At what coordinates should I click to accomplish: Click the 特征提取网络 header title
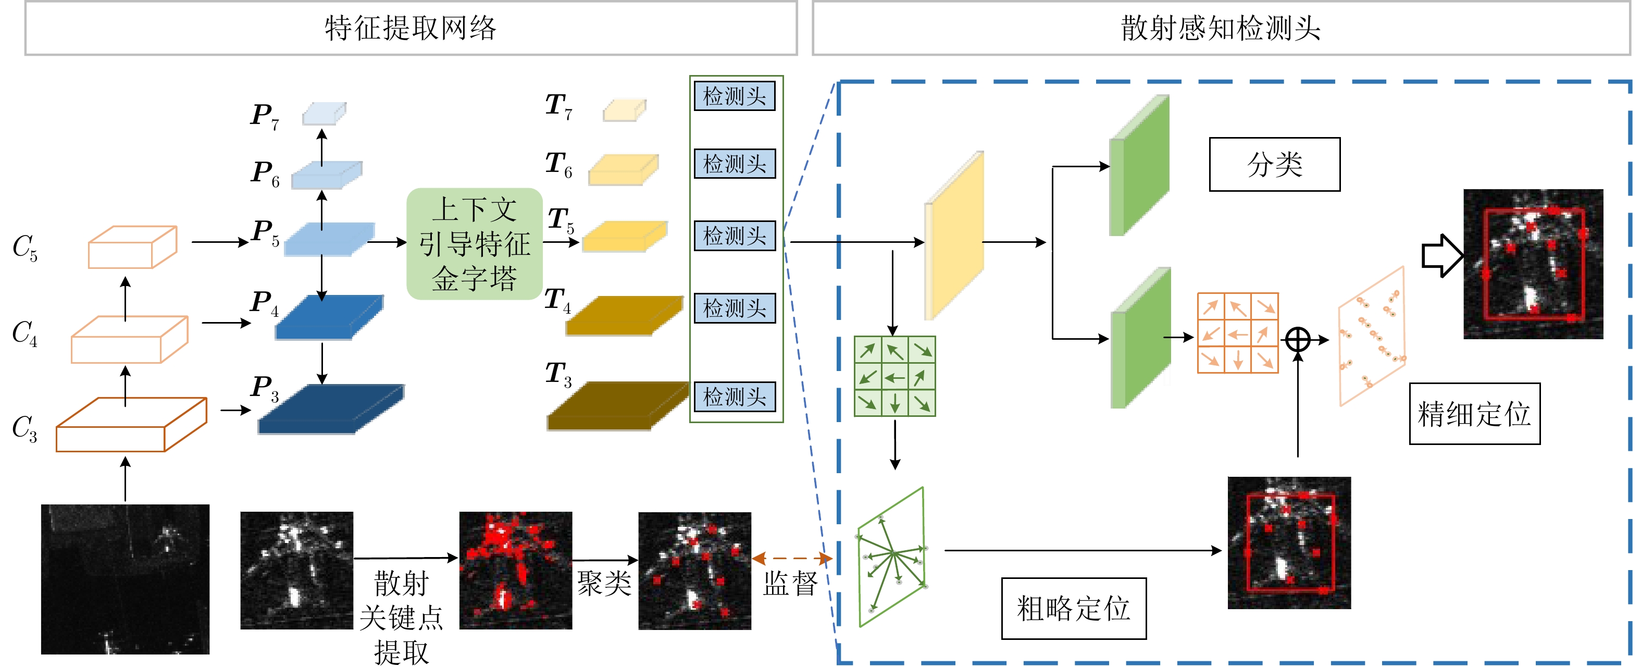411,28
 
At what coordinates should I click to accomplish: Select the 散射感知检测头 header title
1221,28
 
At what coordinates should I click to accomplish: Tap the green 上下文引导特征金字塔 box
474,244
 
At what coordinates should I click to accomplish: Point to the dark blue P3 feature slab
330,410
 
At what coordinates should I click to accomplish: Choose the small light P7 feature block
324,114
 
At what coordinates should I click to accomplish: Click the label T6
558,164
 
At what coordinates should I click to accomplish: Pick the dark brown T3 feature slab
617,406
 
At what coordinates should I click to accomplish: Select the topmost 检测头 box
735,96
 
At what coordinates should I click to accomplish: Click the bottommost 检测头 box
735,397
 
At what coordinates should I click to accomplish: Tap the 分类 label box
1274,164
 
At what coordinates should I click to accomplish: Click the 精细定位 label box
1474,414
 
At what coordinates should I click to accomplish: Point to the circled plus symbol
1298,340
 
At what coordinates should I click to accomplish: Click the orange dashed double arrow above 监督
791,559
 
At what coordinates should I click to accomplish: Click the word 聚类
604,583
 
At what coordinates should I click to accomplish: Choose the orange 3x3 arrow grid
1237,332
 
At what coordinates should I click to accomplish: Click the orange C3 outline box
131,425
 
